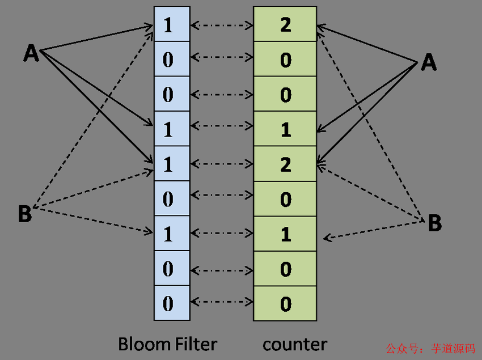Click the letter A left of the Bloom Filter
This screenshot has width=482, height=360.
pos(31,53)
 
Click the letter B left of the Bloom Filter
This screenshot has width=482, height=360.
pos(24,215)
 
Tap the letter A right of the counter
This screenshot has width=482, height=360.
pos(429,63)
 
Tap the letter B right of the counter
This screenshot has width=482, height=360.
pos(434,223)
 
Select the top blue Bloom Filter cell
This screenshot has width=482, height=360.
pos(171,25)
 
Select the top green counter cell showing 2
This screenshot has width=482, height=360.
pos(285,25)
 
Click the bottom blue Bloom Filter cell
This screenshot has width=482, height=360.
pos(171,303)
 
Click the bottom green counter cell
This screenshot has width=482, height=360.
pos(285,303)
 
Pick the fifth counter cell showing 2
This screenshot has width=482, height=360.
pos(285,164)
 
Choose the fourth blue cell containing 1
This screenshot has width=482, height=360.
pos(171,129)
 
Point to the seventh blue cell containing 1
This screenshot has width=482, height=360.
pos(171,234)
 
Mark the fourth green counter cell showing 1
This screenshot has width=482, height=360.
pos(285,129)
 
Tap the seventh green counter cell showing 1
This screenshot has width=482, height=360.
pos(285,234)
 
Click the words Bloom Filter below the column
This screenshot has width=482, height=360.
pos(167,344)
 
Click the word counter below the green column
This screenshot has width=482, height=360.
pos(294,344)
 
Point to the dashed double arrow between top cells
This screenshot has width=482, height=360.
pos(221,25)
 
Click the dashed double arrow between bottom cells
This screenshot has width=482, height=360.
pos(221,303)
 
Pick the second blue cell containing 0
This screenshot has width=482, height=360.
pos(171,60)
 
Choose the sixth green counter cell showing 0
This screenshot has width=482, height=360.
pos(285,199)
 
